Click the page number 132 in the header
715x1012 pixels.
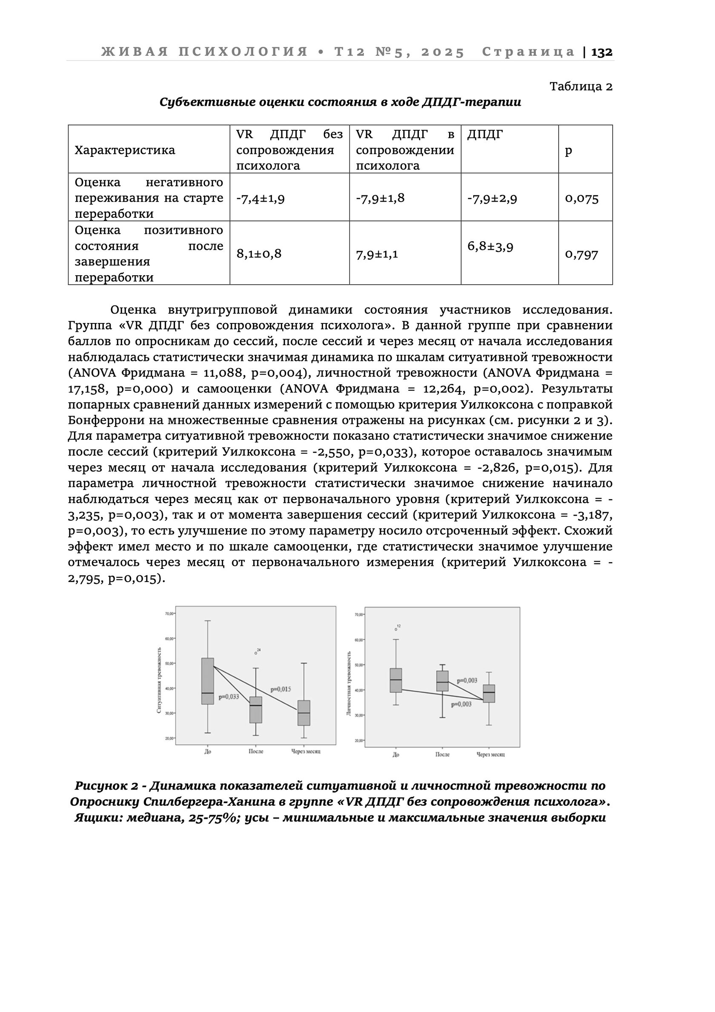601,52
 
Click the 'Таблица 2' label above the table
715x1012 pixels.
581,86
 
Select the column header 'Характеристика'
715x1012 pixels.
125,150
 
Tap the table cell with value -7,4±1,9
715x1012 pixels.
260,198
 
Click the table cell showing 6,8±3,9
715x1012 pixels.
490,246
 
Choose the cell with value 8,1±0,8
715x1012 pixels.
259,254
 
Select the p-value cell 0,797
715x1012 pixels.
582,255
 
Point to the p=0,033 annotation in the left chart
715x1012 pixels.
229,697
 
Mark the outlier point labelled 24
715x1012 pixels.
256,653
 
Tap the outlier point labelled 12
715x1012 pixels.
396,629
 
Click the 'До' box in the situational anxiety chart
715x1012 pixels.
207,681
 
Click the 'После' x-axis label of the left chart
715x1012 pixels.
256,752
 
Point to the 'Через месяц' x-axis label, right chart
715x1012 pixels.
490,755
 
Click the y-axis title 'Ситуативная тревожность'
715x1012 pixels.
159,680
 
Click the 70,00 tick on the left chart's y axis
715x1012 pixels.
169,614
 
